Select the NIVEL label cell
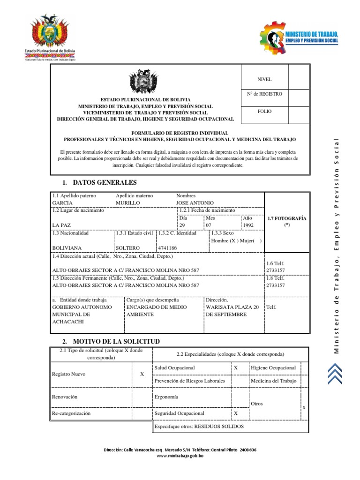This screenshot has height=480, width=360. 264,80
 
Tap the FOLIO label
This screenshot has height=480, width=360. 264,112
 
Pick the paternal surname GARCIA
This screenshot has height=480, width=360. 62,203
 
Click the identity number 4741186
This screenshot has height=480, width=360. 167,247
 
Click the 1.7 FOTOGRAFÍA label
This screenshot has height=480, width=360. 286,218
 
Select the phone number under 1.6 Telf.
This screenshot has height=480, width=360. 275,271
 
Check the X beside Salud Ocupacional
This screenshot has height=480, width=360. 235,368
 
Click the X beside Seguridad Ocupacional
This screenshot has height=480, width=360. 235,413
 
